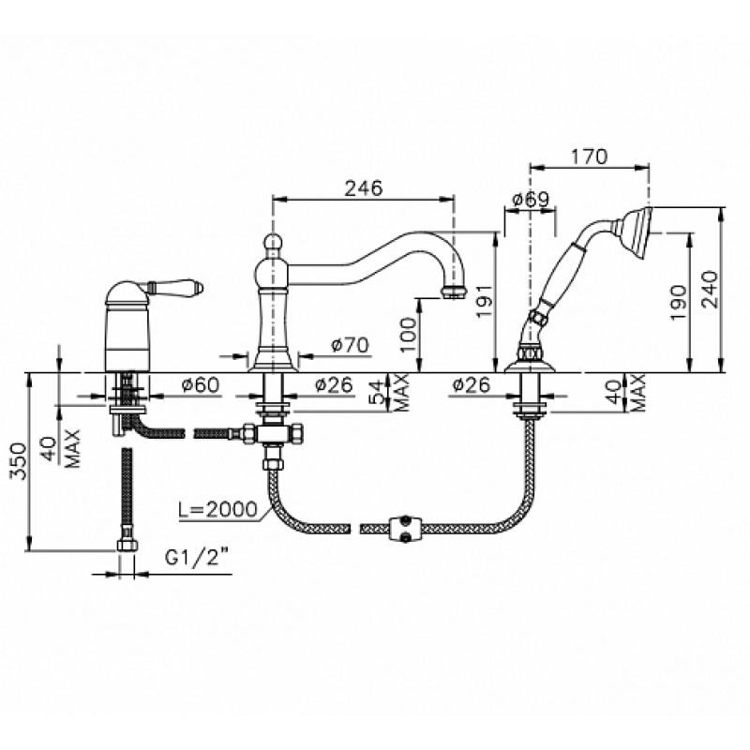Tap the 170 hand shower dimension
(589, 157)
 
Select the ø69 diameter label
(531, 199)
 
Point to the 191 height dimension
(484, 301)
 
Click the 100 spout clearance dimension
(410, 335)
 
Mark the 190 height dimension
(678, 303)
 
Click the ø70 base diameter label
(350, 345)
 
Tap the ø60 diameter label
(201, 385)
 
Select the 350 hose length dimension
(18, 460)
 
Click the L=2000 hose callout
(218, 509)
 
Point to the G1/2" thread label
(197, 558)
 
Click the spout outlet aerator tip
(452, 292)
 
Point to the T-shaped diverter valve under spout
(273, 434)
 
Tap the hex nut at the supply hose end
(127, 545)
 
